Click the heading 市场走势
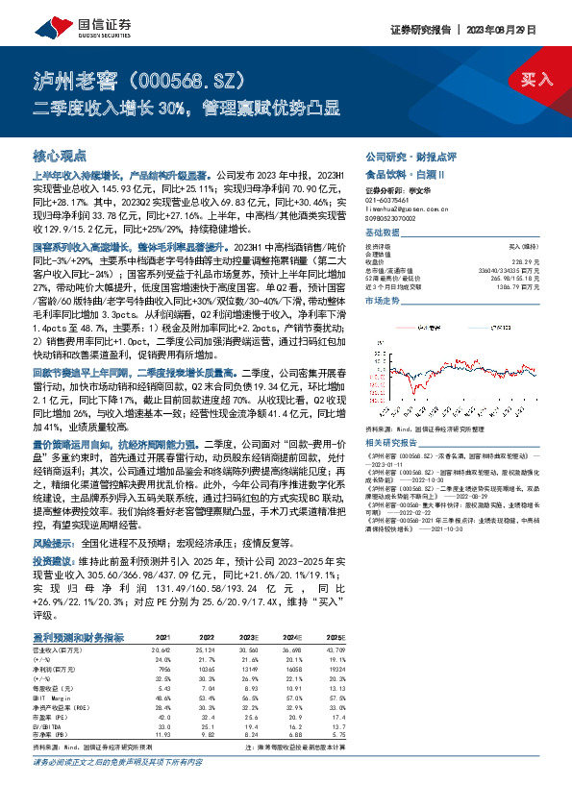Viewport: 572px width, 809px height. coord(383,302)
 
